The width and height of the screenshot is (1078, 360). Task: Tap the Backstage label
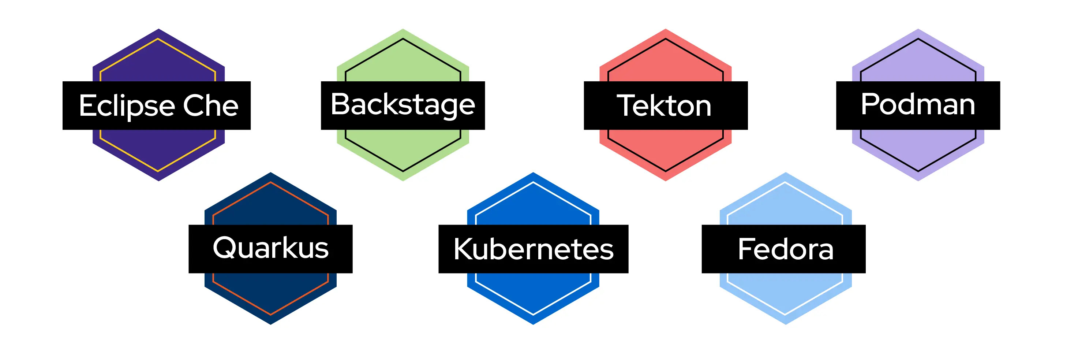coord(403,105)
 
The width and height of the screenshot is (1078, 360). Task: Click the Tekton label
coord(665,105)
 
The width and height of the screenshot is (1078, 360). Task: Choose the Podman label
coord(918,105)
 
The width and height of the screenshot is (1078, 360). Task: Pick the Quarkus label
coord(270,248)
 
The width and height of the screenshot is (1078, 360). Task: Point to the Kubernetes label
coord(533,249)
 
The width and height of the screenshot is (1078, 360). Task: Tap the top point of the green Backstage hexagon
coord(403,30)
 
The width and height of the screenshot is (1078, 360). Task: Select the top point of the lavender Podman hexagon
coord(918,30)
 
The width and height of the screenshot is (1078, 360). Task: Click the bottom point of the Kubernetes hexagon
coord(533,323)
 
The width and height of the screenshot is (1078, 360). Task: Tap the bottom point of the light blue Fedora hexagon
coord(786,323)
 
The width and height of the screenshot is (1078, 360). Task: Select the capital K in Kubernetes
coord(464,249)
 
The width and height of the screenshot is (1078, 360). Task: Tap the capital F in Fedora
coord(746,249)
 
